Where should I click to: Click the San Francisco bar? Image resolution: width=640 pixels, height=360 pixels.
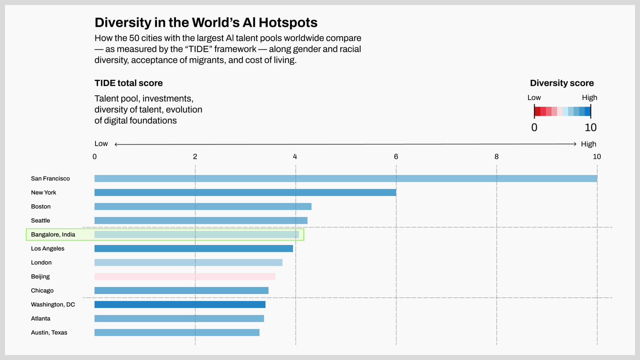click(346, 178)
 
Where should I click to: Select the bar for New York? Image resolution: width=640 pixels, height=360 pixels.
click(245, 192)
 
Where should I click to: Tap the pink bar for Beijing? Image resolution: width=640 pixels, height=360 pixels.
click(185, 276)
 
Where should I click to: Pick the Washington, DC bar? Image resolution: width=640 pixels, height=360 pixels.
click(180, 304)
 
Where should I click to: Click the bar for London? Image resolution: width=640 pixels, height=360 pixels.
click(188, 263)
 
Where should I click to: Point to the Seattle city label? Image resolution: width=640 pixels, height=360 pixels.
click(41, 220)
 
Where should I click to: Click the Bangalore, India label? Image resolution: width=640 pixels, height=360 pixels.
click(53, 235)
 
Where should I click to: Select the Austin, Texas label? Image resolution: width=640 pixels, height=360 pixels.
click(49, 333)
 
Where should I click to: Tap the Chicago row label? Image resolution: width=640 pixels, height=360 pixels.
click(42, 290)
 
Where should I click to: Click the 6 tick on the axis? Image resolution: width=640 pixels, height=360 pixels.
click(396, 157)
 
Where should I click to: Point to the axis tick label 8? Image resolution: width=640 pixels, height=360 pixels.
click(497, 157)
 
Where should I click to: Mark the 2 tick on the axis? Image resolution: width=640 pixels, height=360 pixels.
click(195, 157)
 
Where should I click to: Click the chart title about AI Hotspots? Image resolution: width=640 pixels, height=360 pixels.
click(206, 23)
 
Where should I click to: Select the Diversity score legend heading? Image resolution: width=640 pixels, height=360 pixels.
click(562, 83)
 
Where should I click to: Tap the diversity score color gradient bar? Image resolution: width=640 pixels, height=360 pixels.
click(562, 111)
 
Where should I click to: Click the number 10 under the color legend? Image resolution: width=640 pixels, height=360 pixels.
click(590, 127)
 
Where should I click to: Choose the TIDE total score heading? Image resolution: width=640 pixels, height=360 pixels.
click(129, 83)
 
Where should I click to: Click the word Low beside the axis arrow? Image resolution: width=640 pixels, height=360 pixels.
click(101, 144)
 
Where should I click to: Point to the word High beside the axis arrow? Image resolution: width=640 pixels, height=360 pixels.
click(588, 144)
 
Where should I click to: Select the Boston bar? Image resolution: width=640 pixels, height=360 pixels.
click(203, 206)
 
